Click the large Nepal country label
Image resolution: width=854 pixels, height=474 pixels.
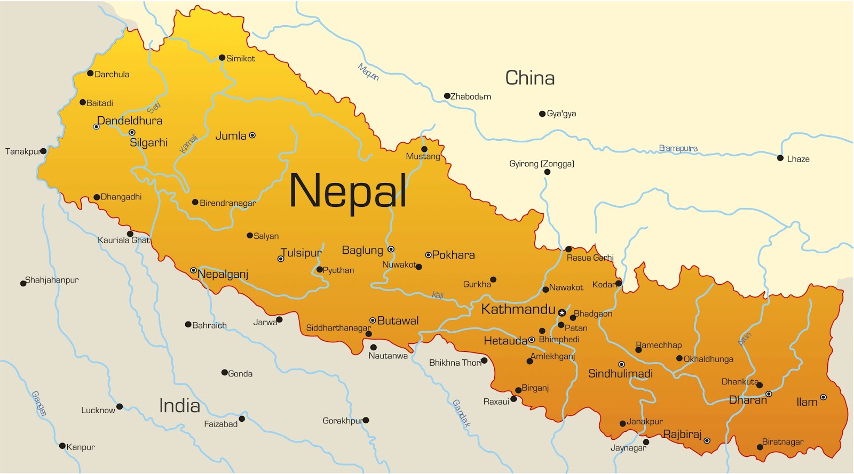[347, 191]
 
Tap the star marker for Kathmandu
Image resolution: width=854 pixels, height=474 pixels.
[562, 313]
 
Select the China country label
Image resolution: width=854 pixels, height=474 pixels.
[529, 78]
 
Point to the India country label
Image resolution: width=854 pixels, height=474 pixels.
[179, 406]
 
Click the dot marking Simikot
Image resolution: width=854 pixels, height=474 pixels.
[222, 58]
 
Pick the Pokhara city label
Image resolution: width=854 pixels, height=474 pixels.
[453, 255]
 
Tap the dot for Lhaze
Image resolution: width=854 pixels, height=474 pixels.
[780, 158]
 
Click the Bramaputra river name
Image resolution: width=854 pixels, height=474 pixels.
[678, 148]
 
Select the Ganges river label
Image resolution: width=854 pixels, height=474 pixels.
[39, 403]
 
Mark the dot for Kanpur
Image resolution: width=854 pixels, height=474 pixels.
[62, 446]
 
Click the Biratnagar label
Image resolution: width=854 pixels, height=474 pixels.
[782, 441]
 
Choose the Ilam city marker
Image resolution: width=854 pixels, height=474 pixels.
[823, 397]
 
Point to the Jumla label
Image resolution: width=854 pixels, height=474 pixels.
[231, 136]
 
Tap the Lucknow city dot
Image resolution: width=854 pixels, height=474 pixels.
[120, 406]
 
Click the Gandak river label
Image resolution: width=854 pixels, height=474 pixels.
[462, 413]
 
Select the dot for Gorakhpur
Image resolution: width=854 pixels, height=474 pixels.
[366, 420]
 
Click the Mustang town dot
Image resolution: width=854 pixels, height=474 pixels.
[424, 149]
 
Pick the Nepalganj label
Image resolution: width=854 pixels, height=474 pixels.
[223, 274]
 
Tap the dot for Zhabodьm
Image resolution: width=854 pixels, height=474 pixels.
[447, 96]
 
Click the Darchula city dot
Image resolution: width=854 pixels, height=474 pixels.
[90, 74]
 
